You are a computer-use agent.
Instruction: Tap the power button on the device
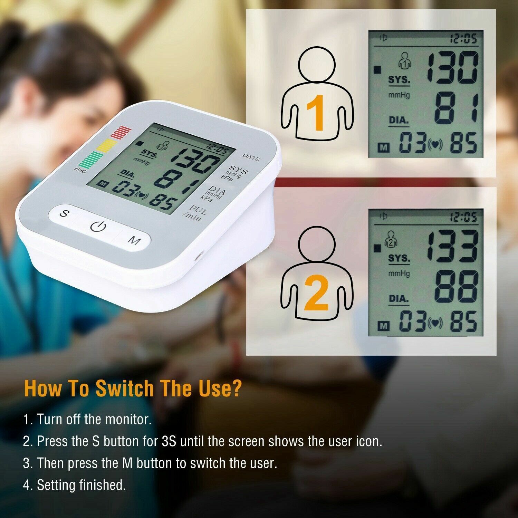coord(98,227)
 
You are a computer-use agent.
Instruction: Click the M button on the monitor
coord(134,240)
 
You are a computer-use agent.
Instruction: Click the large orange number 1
coord(315,113)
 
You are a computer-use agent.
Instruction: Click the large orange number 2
coord(316,293)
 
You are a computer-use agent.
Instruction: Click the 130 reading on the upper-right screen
coord(452,68)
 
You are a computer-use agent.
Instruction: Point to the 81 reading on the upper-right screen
coord(456,108)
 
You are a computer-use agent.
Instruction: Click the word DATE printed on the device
coord(251,157)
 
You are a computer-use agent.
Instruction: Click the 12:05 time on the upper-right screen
coord(463,39)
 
